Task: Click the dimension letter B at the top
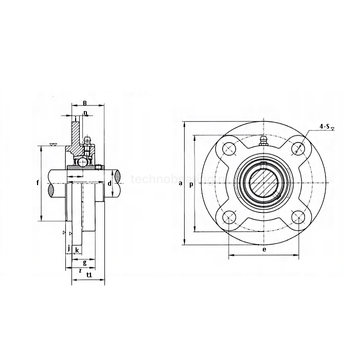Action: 85,103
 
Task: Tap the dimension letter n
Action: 85,113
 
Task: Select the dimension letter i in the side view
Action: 76,119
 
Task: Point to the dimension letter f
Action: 37,183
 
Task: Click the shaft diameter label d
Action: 110,184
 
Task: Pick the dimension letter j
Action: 68,249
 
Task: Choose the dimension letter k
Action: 77,250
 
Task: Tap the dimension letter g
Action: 84,262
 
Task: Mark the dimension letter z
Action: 80,269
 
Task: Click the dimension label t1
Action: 89,275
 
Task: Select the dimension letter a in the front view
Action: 180,183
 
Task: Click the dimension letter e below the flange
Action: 264,249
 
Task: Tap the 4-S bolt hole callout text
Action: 325,126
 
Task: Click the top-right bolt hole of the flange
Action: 297,149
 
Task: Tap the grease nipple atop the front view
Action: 263,141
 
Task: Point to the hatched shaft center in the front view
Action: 263,183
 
